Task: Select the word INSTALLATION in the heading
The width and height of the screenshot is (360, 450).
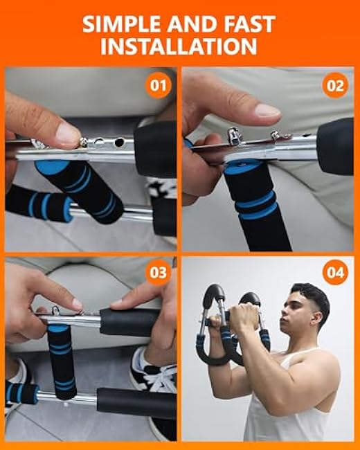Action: pyautogui.click(x=179, y=47)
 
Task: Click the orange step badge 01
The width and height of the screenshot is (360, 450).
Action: pyautogui.click(x=159, y=87)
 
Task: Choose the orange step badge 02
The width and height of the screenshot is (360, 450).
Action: pyautogui.click(x=335, y=87)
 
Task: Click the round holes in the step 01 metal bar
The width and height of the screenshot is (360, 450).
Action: pyautogui.click(x=111, y=143)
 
